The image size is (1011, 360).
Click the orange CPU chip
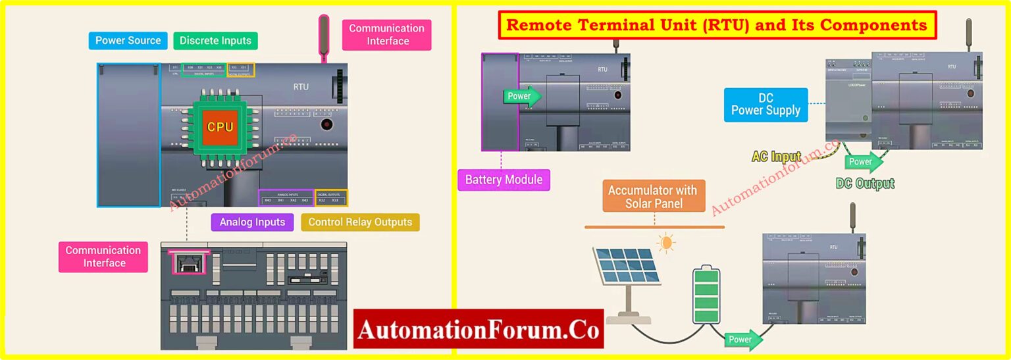point(220,127)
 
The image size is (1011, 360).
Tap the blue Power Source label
point(128,41)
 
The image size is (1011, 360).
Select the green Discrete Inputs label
point(215,41)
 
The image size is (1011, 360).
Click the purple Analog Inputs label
point(252,222)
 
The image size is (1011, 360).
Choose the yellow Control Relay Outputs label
point(360,222)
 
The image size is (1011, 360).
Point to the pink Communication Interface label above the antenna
point(386,35)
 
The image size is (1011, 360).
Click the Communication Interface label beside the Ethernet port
point(103,257)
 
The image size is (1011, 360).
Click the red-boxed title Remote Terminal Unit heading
point(717,26)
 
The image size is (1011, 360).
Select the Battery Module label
point(504,180)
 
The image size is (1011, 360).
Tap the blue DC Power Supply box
point(765,105)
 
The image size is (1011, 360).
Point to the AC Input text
point(777,157)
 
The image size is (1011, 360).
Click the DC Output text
point(865,184)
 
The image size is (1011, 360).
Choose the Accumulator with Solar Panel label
point(652,197)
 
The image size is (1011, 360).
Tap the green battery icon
point(706,295)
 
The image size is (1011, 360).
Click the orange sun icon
point(666,244)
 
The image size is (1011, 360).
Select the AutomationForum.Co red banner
point(478,329)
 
